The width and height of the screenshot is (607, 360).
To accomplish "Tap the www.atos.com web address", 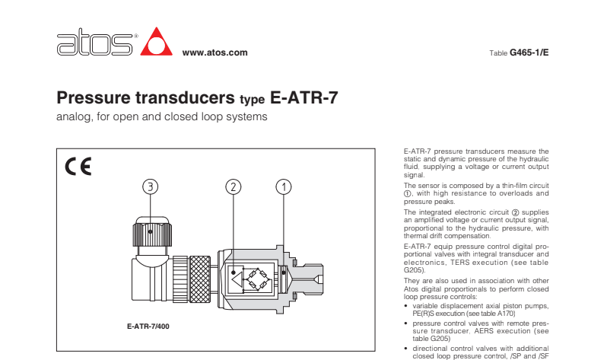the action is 215,53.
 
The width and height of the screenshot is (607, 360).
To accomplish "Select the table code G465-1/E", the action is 529,53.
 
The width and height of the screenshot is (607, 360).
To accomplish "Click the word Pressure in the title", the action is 94,97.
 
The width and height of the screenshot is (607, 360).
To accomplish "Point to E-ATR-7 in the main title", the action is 304,97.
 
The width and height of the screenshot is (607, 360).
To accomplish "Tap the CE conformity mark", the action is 78,167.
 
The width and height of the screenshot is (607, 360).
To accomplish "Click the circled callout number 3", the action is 150,186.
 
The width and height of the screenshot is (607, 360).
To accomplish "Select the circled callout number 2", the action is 233,186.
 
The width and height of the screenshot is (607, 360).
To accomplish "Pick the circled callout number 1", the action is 284,186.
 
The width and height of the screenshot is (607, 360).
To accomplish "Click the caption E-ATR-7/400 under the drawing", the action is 148,327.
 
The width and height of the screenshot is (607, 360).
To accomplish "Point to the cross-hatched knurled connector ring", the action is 200,279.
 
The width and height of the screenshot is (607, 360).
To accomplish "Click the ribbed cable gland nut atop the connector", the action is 152,231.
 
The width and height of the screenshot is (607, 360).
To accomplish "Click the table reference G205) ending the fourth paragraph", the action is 415,270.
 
